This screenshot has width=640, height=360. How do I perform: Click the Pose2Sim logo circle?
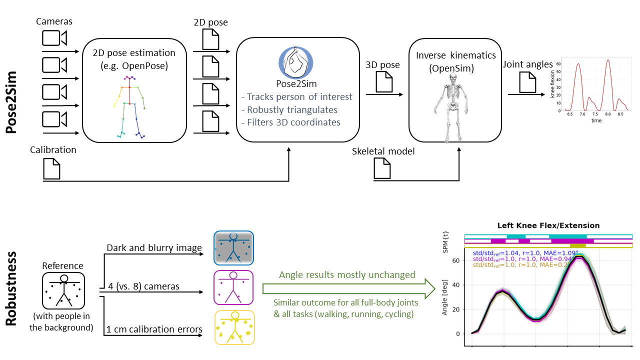coord(295,61)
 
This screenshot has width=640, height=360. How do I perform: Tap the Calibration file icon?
coord(52,168)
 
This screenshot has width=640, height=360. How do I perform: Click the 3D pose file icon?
coord(384,81)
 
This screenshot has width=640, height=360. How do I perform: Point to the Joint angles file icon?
coord(527,82)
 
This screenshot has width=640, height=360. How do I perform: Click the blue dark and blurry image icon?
coord(233,247)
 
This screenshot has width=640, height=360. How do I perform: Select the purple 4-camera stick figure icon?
coord(233,287)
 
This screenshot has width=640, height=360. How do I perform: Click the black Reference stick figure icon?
coord(63,290)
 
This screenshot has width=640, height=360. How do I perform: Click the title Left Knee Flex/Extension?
coord(548,225)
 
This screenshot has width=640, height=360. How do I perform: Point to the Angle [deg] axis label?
coord(444,297)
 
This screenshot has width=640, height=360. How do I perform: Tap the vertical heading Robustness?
coord(13,288)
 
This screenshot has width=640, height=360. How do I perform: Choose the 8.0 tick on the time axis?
coord(607,114)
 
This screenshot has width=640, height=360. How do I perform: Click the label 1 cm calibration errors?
coord(154,329)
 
